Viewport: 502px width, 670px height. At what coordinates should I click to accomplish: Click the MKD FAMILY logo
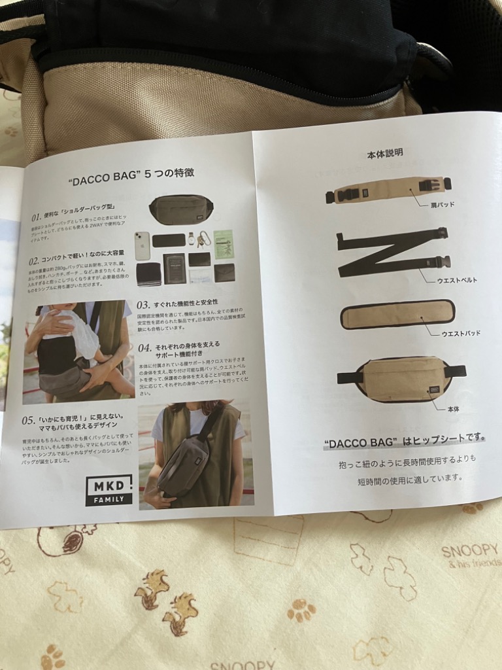click(109, 490)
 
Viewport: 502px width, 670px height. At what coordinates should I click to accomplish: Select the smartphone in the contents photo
click(142, 246)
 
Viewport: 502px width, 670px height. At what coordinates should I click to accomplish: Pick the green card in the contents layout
click(224, 242)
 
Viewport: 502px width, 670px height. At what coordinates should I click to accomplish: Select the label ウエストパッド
click(460, 333)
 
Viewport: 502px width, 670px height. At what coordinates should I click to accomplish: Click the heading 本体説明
click(385, 153)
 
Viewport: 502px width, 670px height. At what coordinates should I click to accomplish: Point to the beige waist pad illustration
click(397, 315)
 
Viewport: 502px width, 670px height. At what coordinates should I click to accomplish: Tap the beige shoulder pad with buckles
click(388, 190)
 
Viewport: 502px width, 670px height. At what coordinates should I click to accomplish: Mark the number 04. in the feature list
click(144, 347)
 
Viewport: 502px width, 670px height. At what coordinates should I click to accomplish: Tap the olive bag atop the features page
click(181, 209)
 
